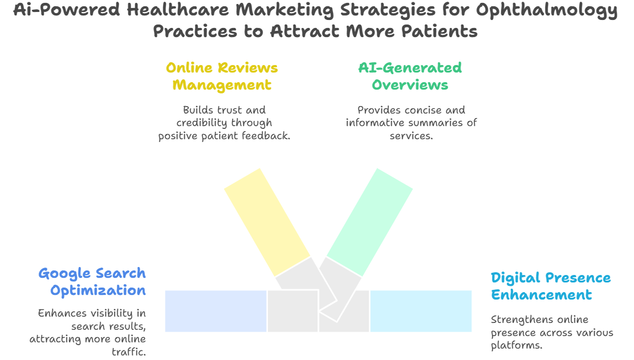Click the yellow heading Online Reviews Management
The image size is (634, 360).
pyautogui.click(x=222, y=76)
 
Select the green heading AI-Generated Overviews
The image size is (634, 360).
pyautogui.click(x=409, y=76)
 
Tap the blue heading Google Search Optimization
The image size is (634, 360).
pyautogui.click(x=92, y=281)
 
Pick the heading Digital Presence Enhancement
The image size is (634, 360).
pyautogui.click(x=550, y=286)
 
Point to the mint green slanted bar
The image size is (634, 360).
pyautogui.click(x=369, y=222)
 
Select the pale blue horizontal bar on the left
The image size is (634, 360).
pyautogui.click(x=216, y=311)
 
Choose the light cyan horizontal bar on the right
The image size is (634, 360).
pyautogui.click(x=421, y=311)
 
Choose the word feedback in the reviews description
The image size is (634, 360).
pyautogui.click(x=268, y=136)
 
